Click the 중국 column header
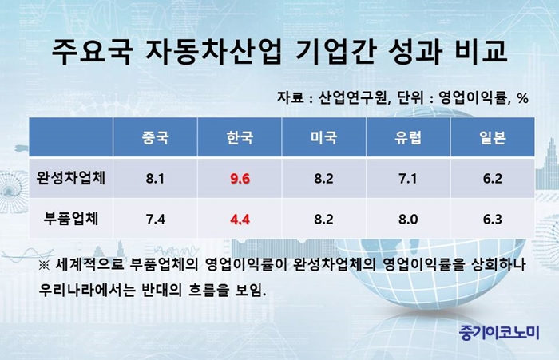tap(155, 137)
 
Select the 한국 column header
tap(240, 137)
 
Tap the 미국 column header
tap(323, 137)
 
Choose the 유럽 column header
tap(408, 137)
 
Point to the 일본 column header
tap(493, 137)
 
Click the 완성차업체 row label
tap(71, 178)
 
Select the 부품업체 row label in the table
tap(71, 219)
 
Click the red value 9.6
tap(240, 178)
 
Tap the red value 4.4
tap(240, 220)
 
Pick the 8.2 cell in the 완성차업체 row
tap(323, 178)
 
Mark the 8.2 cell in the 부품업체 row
tap(323, 220)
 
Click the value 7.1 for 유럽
tap(408, 178)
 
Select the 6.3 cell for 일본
tap(493, 220)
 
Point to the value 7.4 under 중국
tap(156, 220)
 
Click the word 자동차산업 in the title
tap(213, 52)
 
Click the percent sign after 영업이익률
tap(522, 98)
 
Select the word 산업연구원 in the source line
tap(352, 97)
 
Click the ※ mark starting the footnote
tap(44, 266)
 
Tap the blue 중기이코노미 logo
tap(499, 333)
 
